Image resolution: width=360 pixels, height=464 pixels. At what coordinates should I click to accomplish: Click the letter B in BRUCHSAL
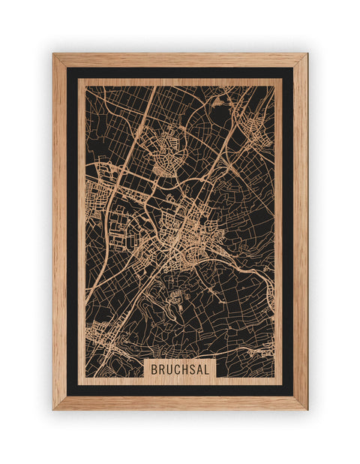pos(154,369)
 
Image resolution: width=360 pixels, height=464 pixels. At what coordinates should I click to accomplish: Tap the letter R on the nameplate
pos(160,369)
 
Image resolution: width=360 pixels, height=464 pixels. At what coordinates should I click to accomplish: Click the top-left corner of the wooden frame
pos(53,54)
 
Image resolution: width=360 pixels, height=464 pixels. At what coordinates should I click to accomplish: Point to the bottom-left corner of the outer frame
pos(53,409)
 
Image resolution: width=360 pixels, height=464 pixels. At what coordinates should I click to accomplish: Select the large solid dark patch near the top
pos(220,113)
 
